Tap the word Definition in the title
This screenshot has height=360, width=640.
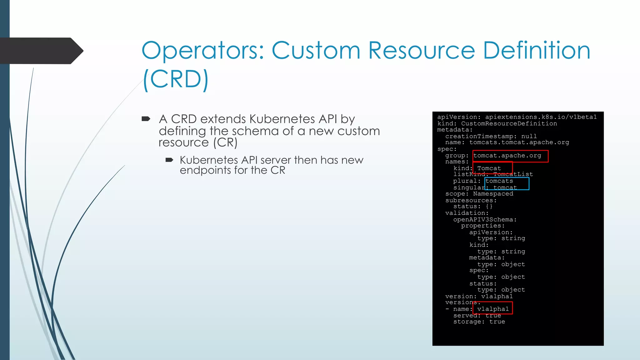point(537,51)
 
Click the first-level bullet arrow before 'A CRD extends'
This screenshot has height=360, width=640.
point(146,119)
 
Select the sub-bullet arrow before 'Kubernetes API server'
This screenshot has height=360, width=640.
point(169,160)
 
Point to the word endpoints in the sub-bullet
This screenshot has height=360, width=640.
point(206,171)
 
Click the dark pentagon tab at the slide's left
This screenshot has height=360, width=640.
point(41,51)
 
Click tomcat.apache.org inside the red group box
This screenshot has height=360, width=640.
point(507,156)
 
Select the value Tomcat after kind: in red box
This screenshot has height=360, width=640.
point(489,168)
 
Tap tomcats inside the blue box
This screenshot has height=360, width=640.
point(499,181)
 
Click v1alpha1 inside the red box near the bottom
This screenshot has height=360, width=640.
point(493,309)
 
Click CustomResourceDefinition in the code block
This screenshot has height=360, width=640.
point(509,123)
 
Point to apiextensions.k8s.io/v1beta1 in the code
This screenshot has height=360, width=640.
point(541,117)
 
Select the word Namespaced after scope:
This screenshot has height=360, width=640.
point(493,194)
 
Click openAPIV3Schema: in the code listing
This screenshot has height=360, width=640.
point(485,219)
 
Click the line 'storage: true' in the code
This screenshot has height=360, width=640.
point(479,322)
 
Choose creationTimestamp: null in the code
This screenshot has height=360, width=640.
point(491,136)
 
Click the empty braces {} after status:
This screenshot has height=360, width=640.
point(489,206)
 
